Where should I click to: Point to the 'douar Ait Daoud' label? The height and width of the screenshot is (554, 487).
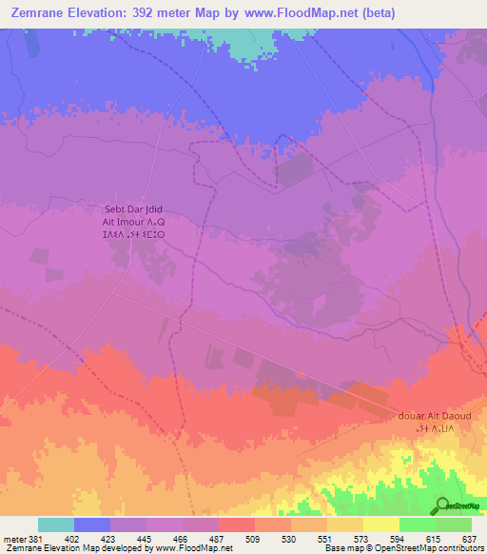pos(440,417)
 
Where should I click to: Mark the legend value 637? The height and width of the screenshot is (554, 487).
pos(470,539)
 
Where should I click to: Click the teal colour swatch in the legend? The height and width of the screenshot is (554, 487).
pos(55,524)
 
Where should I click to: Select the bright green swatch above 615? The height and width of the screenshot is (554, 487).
pos(417,524)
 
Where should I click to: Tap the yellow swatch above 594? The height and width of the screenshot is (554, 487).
pos(380,524)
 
